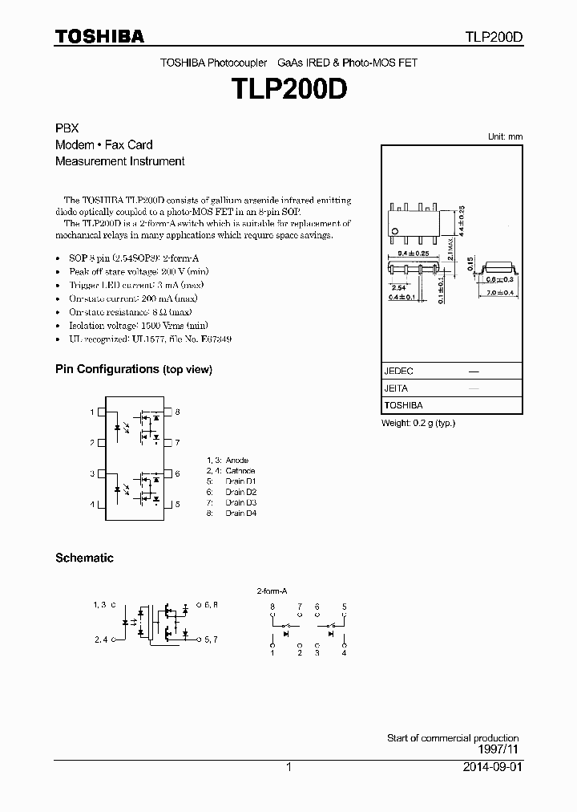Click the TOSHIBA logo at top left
[x=99, y=36]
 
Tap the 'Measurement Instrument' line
[x=119, y=160]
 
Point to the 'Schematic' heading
[x=84, y=558]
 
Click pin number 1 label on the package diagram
[x=92, y=412]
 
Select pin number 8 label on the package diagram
[x=177, y=412]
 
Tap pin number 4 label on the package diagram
[x=92, y=504]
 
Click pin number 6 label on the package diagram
[x=177, y=473]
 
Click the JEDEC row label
[x=399, y=371]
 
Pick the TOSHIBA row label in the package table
[x=403, y=405]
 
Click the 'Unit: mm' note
[x=505, y=136]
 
